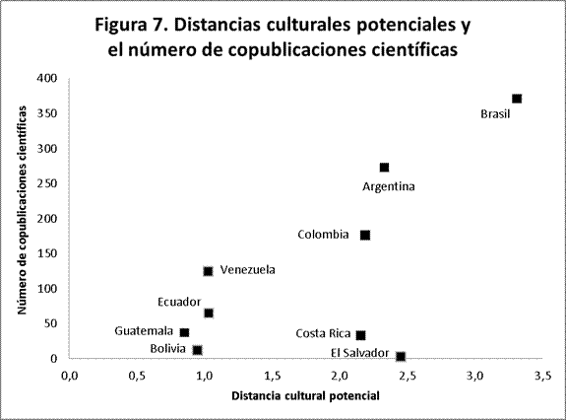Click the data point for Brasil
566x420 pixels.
click(517, 99)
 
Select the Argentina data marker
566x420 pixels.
click(384, 168)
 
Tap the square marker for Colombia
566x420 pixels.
click(365, 235)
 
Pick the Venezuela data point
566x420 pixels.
click(208, 271)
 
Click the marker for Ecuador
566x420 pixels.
click(209, 314)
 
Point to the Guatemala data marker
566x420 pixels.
click(184, 332)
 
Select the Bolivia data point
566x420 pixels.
click(197, 350)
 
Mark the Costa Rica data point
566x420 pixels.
click(360, 335)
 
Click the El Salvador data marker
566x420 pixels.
click(400, 356)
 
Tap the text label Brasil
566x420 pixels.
click(496, 114)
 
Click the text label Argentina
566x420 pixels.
click(389, 186)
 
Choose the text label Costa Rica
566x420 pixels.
click(323, 334)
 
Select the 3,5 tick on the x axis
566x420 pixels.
click(543, 376)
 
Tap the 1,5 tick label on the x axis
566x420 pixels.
click(273, 376)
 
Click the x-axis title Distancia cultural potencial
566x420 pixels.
click(305, 396)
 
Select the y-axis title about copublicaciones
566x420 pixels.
click(22, 218)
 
